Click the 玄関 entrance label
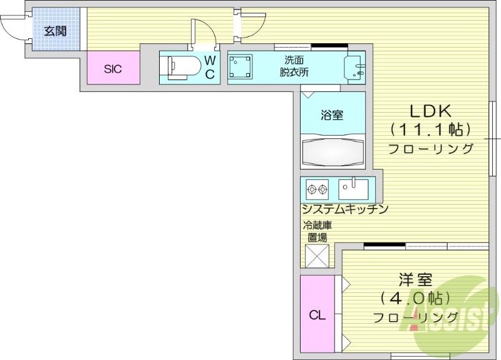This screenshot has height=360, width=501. tap(55, 30)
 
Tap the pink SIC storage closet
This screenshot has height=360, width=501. tap(113, 68)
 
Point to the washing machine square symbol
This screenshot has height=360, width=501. tap(240, 68)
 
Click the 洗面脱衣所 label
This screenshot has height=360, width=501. tap(294, 66)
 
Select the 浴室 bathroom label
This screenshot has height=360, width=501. tap(332, 115)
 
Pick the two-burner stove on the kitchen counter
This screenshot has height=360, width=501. tap(318, 188)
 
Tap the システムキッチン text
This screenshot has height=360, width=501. tap(345, 209)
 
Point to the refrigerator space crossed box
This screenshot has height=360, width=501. tap(317, 255)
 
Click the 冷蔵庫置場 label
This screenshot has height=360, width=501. tap(317, 231)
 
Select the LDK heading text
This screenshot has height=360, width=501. tap(430, 111)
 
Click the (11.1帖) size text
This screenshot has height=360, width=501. tap(430, 130)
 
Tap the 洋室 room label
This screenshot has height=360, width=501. tap(415, 279)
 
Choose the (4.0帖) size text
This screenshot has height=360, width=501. tap(415, 298)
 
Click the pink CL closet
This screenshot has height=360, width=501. tap(318, 315)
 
